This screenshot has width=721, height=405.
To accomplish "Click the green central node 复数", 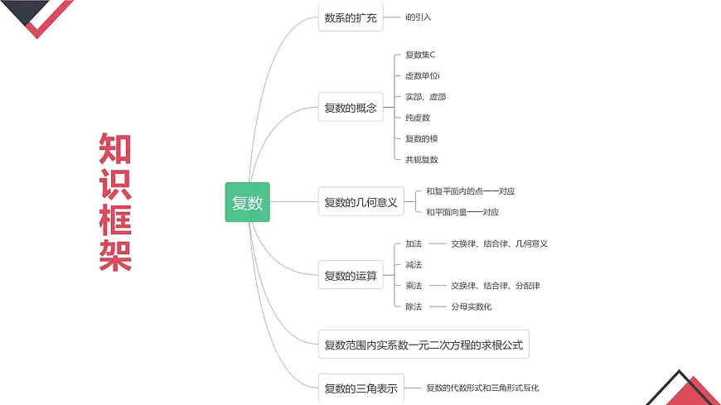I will click(247, 202).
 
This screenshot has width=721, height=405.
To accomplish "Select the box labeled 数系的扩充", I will click(351, 17).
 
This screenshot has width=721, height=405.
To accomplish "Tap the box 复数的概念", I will click(351, 108).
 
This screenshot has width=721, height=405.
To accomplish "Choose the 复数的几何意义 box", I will click(360, 202).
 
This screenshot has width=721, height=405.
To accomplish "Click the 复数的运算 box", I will click(351, 275).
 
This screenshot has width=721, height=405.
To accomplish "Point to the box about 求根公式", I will click(423, 345).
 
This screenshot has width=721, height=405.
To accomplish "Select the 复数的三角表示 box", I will click(360, 388).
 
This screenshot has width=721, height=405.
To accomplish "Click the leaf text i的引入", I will click(419, 17).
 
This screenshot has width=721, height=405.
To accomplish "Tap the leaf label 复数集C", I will click(420, 55).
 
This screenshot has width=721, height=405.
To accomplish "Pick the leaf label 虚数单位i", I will click(423, 76).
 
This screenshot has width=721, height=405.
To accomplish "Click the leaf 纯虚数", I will click(418, 118).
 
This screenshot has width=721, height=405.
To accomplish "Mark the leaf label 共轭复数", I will click(422, 159).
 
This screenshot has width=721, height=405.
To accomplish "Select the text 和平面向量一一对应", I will click(462, 212).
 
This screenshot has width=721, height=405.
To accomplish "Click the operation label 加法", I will click(414, 243).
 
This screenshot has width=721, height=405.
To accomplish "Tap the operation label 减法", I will click(414, 265).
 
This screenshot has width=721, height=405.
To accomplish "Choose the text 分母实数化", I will click(472, 306).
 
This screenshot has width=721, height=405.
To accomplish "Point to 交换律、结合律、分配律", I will click(495, 286).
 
